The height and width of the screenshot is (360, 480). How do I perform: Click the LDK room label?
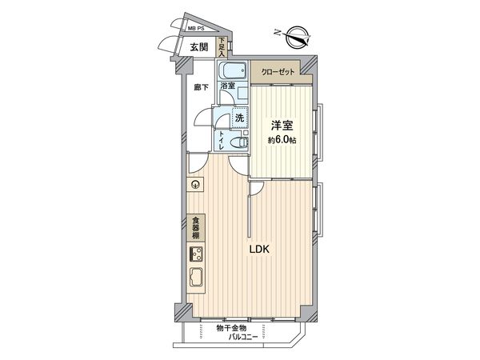click(258, 249)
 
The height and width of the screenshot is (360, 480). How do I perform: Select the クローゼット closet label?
click(278, 72)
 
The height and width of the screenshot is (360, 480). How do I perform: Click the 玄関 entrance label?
click(198, 48)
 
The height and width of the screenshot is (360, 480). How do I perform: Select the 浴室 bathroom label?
click(227, 86)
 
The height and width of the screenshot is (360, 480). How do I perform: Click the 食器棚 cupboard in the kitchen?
click(196, 228)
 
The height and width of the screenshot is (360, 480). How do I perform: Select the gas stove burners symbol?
click(196, 256)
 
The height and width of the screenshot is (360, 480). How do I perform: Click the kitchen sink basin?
click(196, 279)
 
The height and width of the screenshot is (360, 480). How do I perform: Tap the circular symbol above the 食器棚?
click(194, 186)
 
